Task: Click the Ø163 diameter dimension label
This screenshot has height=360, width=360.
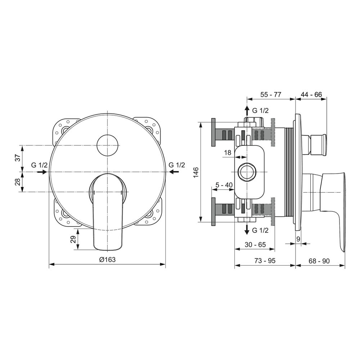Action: tap(107, 260)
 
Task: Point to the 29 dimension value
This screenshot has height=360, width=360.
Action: tap(73, 239)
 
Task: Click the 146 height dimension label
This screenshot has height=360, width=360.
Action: tap(195, 172)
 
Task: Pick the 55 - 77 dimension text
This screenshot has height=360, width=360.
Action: tap(271, 94)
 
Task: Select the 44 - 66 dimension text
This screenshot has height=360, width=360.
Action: tap(311, 94)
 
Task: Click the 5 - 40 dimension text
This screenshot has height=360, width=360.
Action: tap(224, 185)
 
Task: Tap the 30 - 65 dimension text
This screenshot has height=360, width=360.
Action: tap(255, 244)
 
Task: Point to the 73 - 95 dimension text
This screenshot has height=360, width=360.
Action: tap(265, 261)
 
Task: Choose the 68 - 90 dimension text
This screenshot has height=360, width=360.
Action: tap(319, 261)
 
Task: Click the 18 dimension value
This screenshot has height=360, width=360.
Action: tap(228, 152)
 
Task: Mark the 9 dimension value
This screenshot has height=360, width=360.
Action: tap(298, 239)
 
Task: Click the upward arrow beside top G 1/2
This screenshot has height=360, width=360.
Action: tap(247, 111)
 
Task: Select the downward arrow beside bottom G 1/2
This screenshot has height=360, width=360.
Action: tap(247, 230)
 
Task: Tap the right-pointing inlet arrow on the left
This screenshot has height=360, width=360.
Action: tap(42, 172)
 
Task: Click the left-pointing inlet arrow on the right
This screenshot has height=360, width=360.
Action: tap(174, 171)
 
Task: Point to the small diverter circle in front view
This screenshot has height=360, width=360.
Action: tap(107, 145)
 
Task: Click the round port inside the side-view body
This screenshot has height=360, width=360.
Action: tap(247, 172)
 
